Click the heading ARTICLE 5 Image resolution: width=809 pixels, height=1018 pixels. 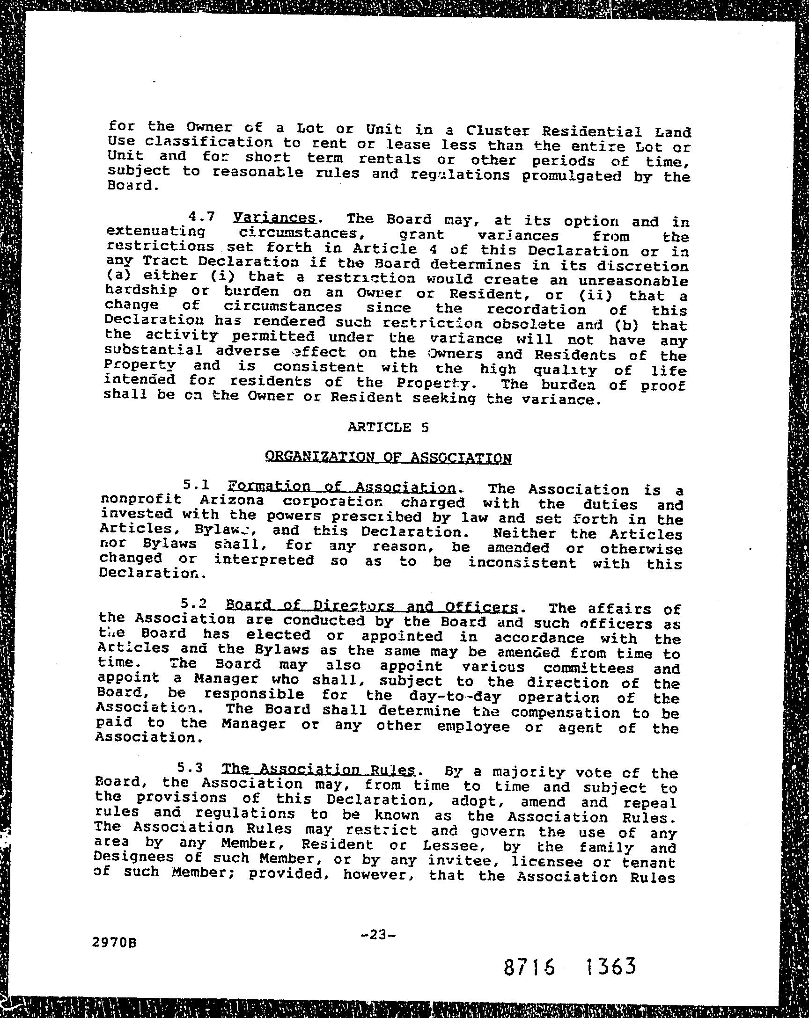388,427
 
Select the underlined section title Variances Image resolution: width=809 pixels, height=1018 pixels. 274,218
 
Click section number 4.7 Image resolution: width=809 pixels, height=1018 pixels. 202,217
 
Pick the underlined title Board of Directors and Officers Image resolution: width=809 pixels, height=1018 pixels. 371,606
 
